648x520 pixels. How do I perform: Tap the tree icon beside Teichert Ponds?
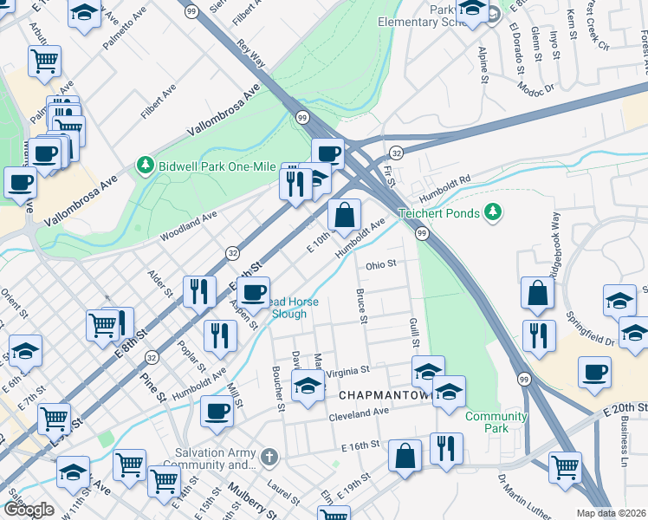[493, 211]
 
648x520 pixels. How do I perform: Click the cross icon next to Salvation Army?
[269, 456]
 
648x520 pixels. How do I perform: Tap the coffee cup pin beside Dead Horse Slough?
[255, 293]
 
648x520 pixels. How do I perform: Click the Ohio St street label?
[380, 264]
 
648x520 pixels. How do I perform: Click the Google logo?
[29, 510]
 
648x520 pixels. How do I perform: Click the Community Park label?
[496, 422]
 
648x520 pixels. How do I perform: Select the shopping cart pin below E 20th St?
[565, 467]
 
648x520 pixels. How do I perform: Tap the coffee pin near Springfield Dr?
[594, 372]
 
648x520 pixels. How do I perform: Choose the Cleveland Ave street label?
[359, 414]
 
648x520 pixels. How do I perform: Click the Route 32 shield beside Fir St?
[394, 151]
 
